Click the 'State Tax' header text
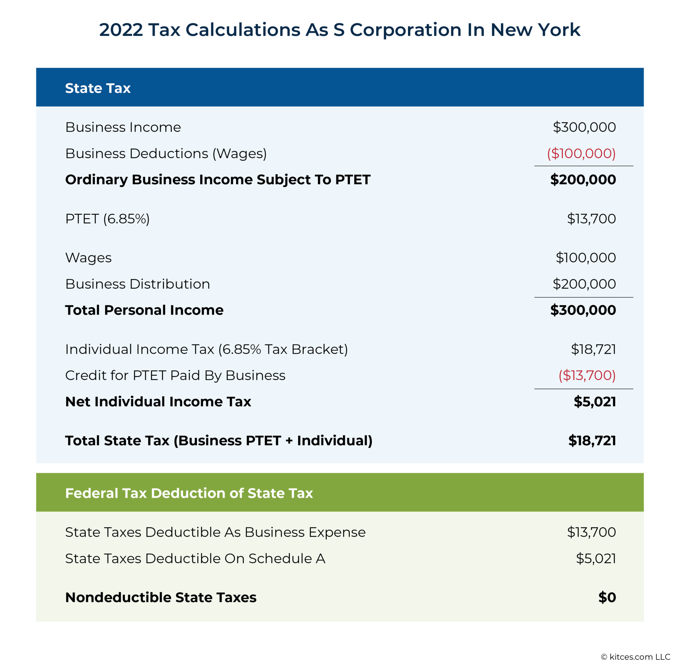(98, 88)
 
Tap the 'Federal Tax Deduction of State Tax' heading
(189, 493)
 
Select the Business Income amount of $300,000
(584, 127)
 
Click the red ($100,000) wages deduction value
(581, 153)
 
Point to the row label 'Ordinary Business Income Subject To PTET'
(218, 180)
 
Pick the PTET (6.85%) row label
(108, 219)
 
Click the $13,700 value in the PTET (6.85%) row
(591, 219)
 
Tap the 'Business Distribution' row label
(137, 284)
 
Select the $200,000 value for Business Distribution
(584, 284)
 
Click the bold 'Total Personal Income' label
(144, 310)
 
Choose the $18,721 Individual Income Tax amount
(593, 349)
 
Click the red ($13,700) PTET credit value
(587, 375)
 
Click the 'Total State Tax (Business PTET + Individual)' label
(219, 441)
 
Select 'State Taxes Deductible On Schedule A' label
(195, 558)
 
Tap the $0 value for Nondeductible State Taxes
(607, 597)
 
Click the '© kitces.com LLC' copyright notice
(636, 657)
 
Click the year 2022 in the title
(121, 30)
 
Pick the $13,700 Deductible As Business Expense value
(591, 532)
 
